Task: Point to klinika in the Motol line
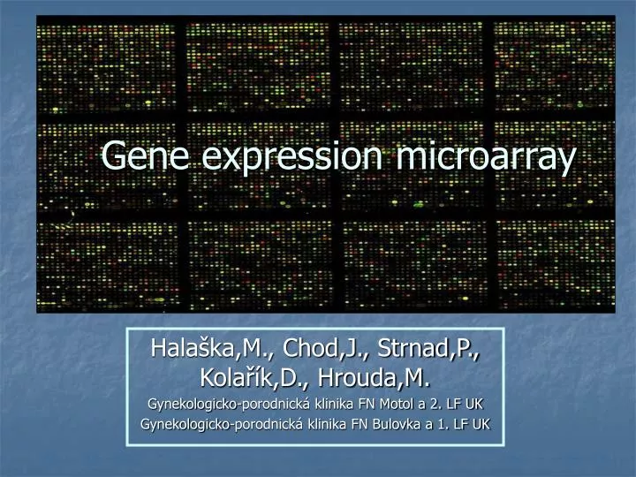326,404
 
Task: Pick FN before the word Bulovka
359,424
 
